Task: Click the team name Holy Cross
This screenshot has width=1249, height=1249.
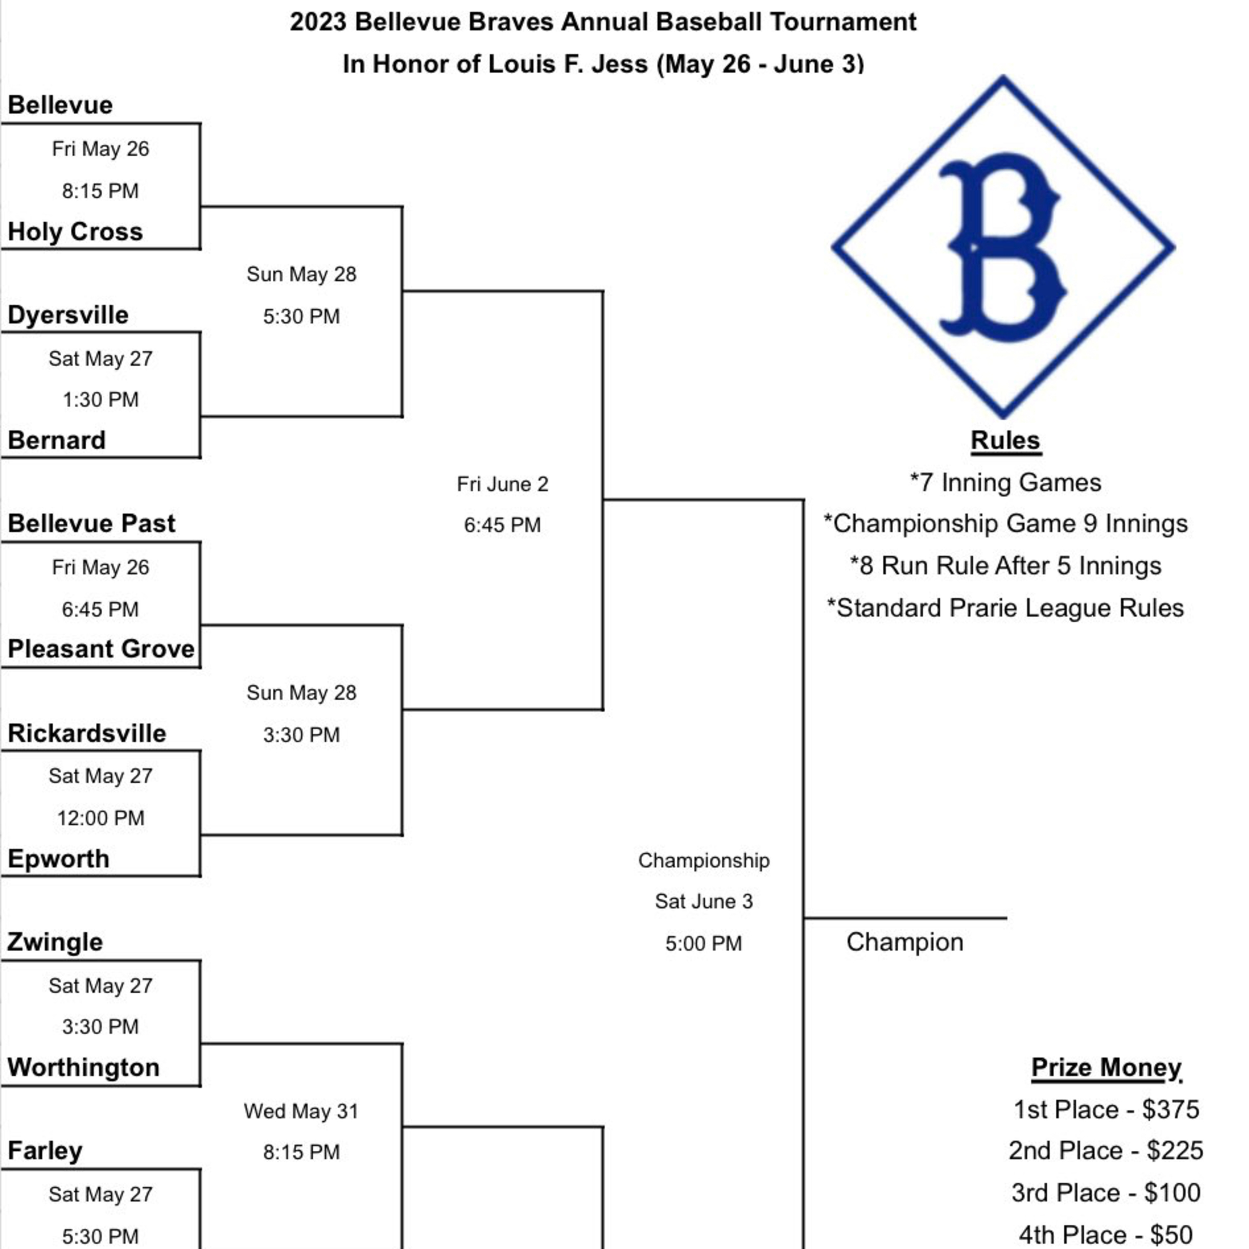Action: click(x=75, y=231)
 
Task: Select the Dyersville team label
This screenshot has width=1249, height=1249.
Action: click(x=68, y=315)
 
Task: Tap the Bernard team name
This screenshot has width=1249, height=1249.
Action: click(x=57, y=440)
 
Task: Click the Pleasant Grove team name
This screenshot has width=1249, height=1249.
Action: click(x=101, y=648)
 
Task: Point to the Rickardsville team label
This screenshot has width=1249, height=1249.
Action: click(x=87, y=733)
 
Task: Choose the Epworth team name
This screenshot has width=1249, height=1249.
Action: click(x=58, y=858)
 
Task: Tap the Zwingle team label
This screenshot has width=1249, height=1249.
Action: click(x=55, y=942)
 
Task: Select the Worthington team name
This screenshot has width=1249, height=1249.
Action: click(x=83, y=1067)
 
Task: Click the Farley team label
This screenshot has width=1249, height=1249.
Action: click(x=45, y=1151)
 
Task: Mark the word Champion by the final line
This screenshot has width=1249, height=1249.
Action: click(x=904, y=942)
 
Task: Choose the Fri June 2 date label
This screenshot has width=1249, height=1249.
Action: click(x=503, y=483)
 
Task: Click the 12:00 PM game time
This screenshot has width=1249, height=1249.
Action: click(x=101, y=818)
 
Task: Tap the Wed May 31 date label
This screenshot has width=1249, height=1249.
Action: click(x=301, y=1111)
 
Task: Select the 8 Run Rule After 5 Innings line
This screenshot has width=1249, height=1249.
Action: click(x=1005, y=566)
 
